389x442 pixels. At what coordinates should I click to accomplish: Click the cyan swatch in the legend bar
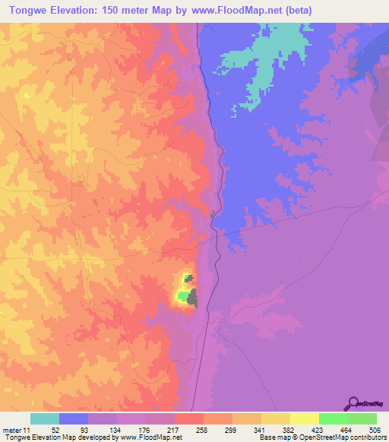click(45, 418)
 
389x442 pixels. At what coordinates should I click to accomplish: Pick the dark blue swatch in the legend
click(74, 418)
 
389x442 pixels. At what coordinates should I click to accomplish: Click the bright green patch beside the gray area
click(183, 295)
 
